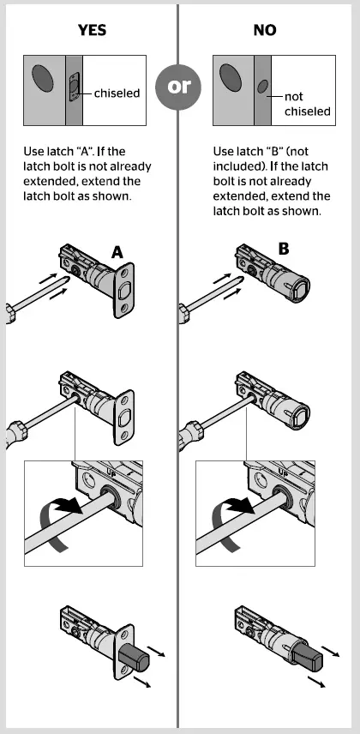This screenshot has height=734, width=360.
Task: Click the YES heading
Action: [x=91, y=29]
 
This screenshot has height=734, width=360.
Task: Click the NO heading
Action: [x=265, y=29]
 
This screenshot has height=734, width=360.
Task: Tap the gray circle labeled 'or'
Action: [x=179, y=87]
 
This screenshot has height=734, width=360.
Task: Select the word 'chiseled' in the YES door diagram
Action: [x=117, y=93]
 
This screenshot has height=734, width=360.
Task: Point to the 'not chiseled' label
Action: [x=306, y=104]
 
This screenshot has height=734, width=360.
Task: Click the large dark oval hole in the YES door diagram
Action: [x=43, y=79]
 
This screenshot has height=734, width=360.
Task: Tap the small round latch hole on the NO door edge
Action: [x=263, y=87]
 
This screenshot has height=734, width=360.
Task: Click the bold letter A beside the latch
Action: [x=118, y=251]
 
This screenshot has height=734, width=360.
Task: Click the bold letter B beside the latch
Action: [x=284, y=250]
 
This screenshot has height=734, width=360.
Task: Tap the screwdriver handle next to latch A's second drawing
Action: [x=12, y=433]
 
